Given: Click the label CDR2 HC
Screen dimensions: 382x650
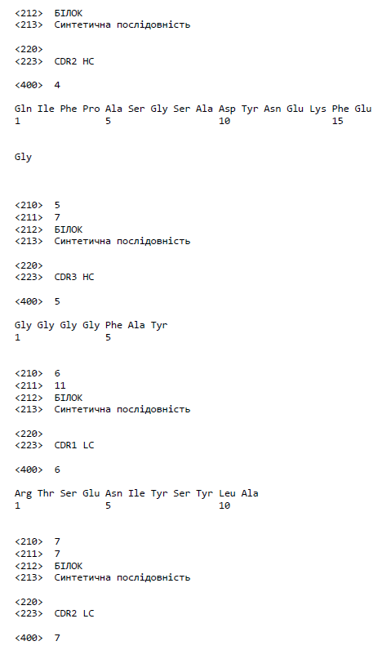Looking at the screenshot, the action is coord(74,61).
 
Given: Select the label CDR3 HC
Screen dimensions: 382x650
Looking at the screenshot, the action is coord(74,277).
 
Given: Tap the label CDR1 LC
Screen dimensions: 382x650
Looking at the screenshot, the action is coord(74,445).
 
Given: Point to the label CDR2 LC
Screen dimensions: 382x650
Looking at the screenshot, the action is coord(74,613).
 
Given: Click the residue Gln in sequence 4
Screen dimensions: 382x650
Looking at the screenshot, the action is coord(23,109).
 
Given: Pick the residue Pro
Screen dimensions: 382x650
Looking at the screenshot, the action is coord(91,109).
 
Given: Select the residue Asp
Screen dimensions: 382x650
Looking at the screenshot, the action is coord(227,109).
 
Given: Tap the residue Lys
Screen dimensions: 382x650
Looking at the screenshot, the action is coord(318,109).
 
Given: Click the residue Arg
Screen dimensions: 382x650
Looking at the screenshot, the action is coord(23,494).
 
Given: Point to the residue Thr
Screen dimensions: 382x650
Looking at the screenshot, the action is coord(46,493).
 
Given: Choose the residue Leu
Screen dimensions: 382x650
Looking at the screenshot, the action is coord(227,493).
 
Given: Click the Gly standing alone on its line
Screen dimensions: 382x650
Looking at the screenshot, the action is coord(23,158).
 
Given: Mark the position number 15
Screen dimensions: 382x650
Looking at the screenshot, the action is coord(338,121).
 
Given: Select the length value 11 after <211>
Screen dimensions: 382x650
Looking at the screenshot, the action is coord(60,385).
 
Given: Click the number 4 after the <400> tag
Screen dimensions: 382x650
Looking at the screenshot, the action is coord(57,85).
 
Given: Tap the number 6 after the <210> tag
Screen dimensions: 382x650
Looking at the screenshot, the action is coord(57,373).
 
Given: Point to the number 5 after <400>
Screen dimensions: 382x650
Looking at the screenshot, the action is coord(57,301).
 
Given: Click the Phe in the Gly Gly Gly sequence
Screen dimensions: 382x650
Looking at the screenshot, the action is coord(113,325).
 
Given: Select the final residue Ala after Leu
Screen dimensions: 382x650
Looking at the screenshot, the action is coord(250,493).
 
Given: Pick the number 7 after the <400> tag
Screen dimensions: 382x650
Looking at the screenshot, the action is coord(57,638).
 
